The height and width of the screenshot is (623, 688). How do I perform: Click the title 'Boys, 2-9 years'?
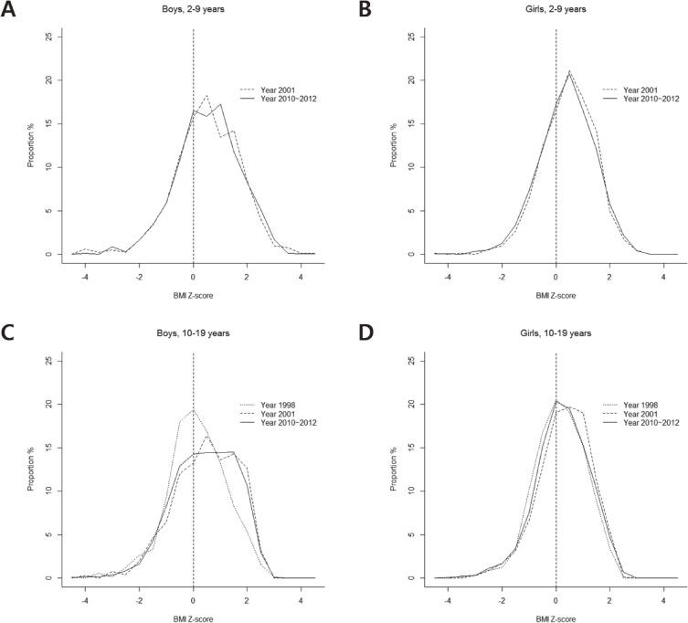click(193, 10)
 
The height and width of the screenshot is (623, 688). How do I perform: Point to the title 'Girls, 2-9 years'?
click(556, 10)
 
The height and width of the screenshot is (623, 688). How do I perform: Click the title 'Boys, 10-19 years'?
click(193, 334)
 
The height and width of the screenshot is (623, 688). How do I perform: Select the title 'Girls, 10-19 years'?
click(556, 334)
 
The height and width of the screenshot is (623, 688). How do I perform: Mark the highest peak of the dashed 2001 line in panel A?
click(206, 95)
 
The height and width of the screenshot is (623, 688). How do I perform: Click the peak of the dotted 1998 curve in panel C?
click(193, 410)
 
